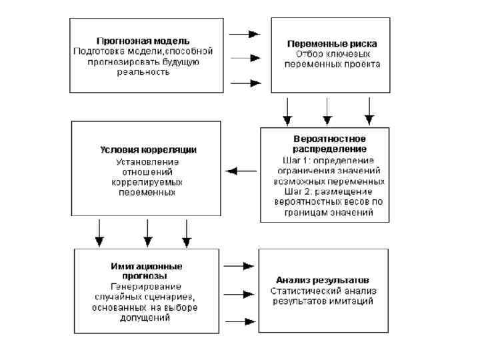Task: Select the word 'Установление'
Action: (147, 161)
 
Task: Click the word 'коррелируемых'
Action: (147, 181)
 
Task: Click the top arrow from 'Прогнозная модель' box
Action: (244, 33)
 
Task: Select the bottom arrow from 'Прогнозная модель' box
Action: (244, 83)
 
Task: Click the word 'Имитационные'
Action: (146, 265)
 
